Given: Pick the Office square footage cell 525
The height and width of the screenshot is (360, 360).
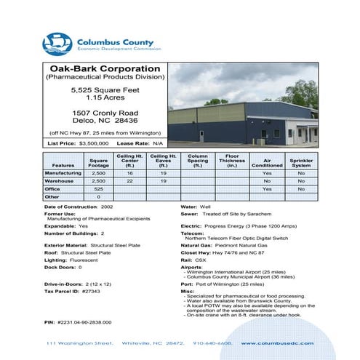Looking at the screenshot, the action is [98, 189].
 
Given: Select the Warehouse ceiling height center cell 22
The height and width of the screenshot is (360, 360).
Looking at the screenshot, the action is [129, 181].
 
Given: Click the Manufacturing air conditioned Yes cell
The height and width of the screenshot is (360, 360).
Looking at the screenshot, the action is [267, 174].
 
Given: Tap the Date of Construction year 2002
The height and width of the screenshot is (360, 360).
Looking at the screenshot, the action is [107, 207].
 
